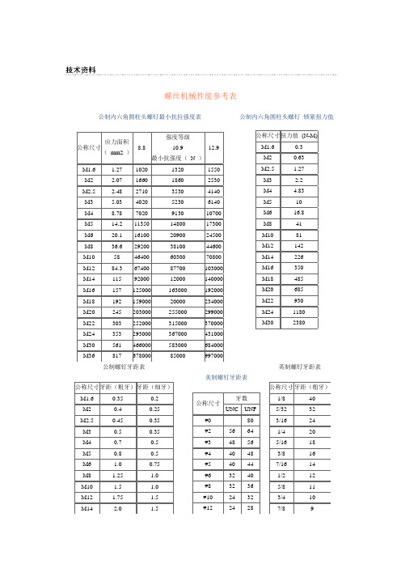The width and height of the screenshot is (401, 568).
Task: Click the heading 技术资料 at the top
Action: pos(81,70)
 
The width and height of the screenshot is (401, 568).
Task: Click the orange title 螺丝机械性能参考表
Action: pos(200,96)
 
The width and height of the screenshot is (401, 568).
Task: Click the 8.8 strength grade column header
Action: pos(141,148)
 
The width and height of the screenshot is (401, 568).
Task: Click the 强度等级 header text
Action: pos(178,138)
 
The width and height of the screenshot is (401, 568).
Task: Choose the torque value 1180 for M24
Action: pos(299,332)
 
